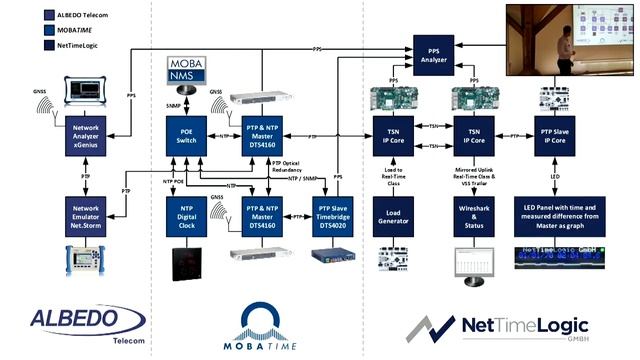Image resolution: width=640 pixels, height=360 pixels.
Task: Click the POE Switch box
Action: pos(186,136)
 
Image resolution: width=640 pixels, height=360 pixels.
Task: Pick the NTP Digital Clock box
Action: pos(186,214)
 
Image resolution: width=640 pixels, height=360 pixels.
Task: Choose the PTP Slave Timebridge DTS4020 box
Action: pos(329,214)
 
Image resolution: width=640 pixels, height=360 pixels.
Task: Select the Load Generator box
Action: pos(393,214)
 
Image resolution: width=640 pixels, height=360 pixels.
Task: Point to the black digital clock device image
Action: pos(186,261)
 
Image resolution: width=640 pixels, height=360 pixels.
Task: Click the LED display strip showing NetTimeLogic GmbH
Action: pos(560,262)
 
